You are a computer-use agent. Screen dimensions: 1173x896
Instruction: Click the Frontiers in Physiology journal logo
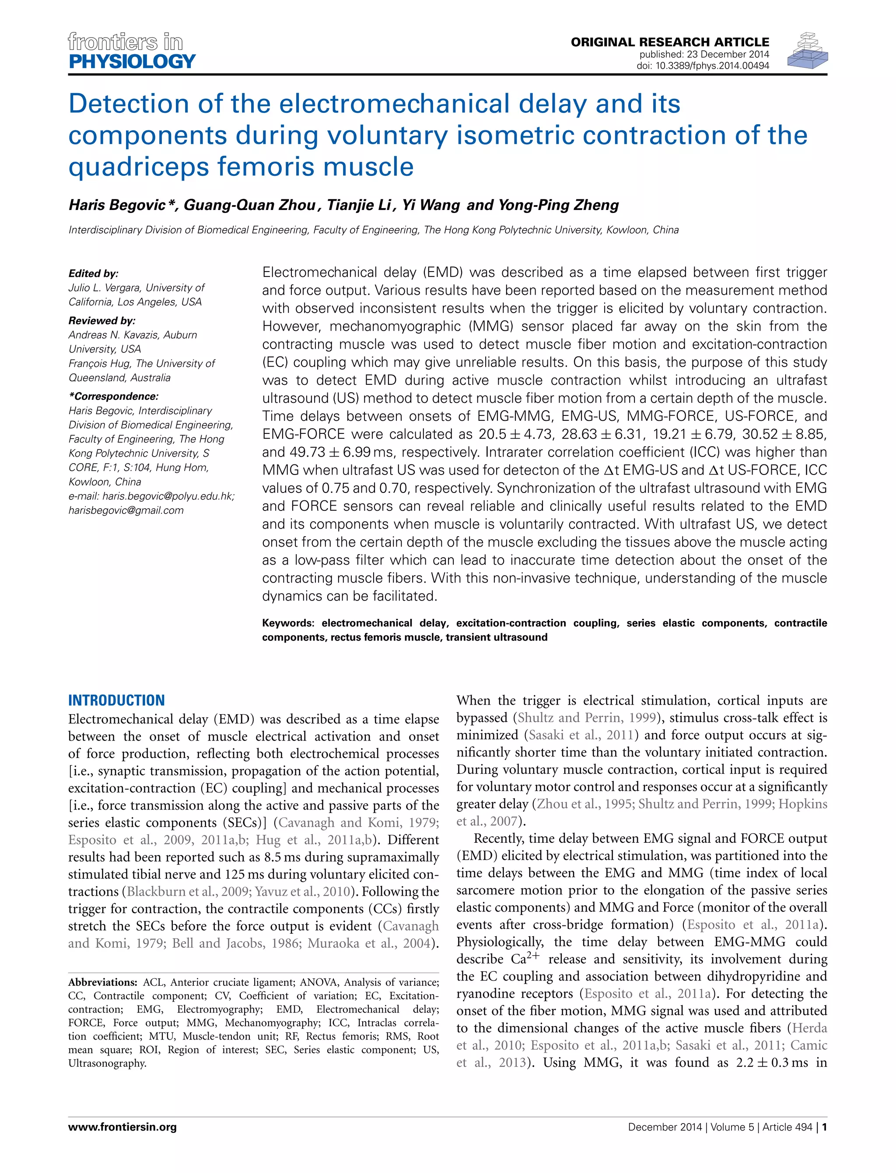pyautogui.click(x=132, y=51)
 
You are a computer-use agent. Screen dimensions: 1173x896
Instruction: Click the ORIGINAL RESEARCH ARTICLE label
pyautogui.click(x=670, y=42)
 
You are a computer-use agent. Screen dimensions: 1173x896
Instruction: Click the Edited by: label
pyautogui.click(x=93, y=273)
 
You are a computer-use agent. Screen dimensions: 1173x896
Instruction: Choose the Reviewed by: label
pyautogui.click(x=102, y=321)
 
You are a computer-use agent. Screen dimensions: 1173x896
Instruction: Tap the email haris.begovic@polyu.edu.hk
pyautogui.click(x=168, y=496)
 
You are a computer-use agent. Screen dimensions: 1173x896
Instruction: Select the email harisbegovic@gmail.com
pyautogui.click(x=126, y=510)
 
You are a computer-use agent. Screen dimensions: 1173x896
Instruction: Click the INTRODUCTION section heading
pyautogui.click(x=116, y=700)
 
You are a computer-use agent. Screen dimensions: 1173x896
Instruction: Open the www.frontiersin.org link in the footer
pyautogui.click(x=122, y=1127)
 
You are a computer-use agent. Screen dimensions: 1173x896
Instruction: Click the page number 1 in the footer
pyautogui.click(x=825, y=1127)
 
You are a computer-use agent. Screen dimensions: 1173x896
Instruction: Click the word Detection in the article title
pyautogui.click(x=129, y=104)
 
